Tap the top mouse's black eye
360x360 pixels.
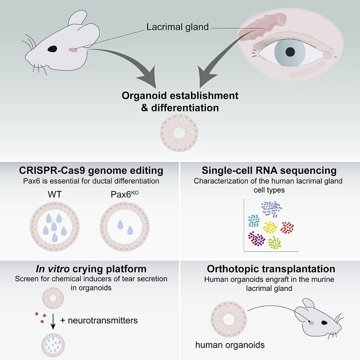tap(52, 49)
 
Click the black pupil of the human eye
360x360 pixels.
tap(291, 51)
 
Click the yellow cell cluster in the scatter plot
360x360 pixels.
tap(269, 227)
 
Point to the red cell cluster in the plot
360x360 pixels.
tap(287, 227)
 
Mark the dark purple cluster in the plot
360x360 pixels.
tap(256, 238)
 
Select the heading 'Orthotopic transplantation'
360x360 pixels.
tap(271, 269)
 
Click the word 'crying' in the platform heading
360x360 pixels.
tap(90, 269)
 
